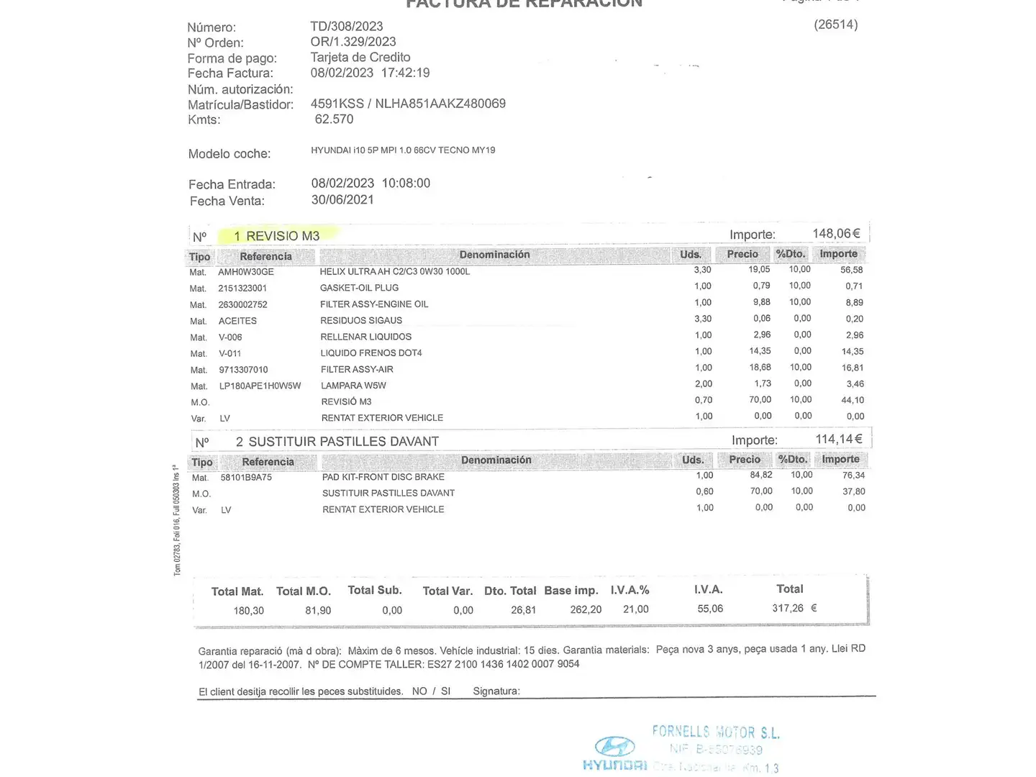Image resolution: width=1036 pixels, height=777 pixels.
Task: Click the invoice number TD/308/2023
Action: (346, 27)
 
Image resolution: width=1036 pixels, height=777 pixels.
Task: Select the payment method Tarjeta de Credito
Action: (360, 58)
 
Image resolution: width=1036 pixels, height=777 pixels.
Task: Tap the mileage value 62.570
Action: (334, 119)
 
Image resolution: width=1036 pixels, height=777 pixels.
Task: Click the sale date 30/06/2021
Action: (342, 200)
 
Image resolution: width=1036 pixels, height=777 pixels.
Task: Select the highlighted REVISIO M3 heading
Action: (276, 236)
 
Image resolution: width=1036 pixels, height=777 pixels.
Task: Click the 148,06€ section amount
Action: (836, 234)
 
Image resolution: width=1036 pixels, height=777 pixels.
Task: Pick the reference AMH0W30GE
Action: (246, 272)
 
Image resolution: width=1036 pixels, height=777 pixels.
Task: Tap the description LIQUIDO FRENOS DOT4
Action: (371, 353)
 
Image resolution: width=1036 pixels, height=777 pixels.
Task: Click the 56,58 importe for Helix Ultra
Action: (851, 270)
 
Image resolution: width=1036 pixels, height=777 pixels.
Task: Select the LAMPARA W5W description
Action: (353, 386)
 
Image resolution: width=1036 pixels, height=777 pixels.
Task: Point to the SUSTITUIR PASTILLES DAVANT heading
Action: (337, 442)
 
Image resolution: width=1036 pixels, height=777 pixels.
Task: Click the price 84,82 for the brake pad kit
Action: (760, 475)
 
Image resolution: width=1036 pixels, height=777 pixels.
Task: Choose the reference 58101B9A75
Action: (246, 478)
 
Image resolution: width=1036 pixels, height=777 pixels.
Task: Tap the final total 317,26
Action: (788, 609)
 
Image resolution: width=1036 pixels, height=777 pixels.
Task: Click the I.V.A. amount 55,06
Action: (709, 609)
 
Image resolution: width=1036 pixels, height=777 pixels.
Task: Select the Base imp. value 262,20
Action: (586, 610)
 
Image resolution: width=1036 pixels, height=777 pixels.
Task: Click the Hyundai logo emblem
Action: (615, 746)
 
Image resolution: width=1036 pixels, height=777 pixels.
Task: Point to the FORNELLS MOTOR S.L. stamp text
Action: (715, 732)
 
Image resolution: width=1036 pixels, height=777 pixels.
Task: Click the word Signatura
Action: (496, 691)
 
